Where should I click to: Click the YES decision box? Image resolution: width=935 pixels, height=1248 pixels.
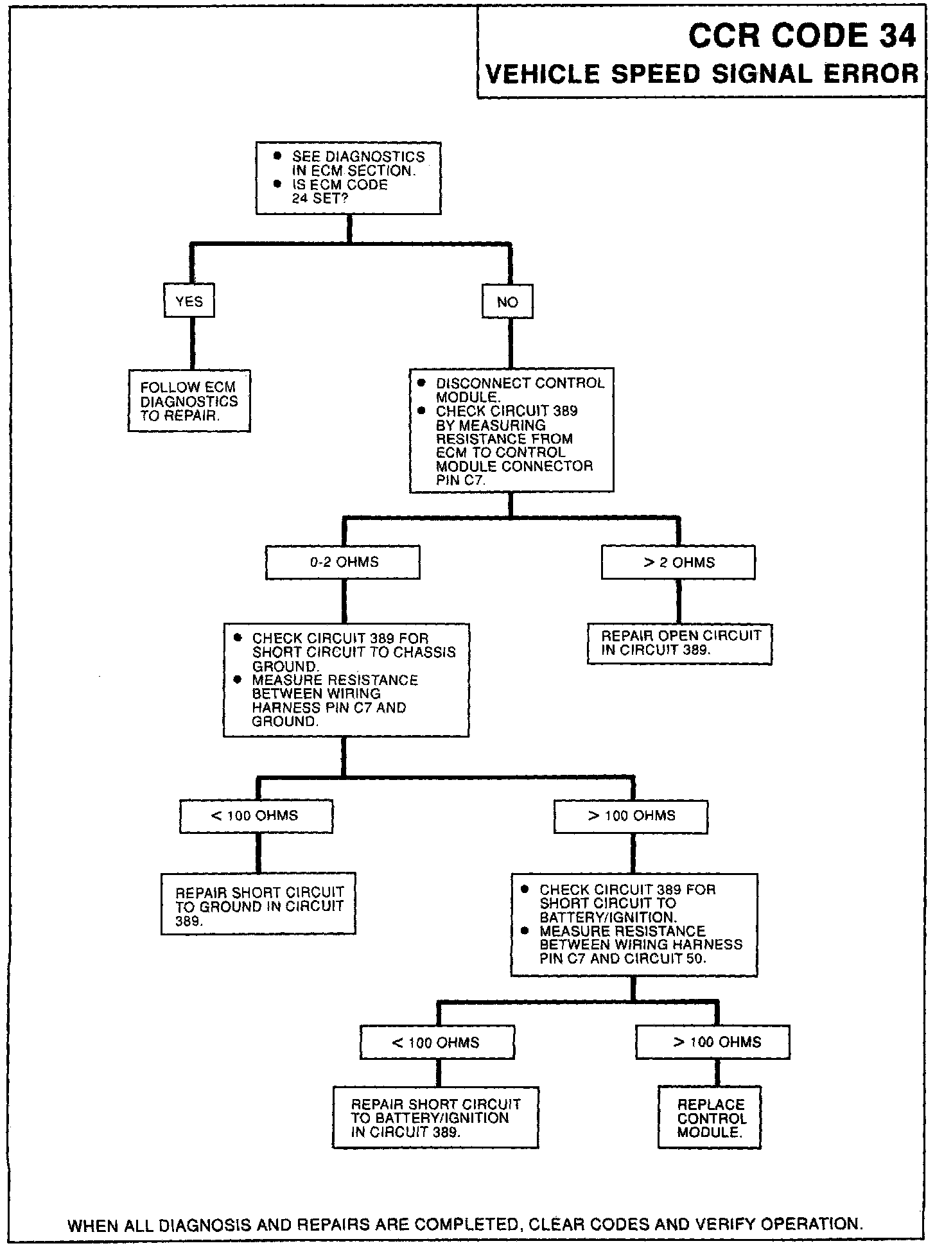[189, 301]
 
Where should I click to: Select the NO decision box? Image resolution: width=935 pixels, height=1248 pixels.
[507, 302]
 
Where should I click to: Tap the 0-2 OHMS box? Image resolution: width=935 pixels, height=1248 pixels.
[343, 562]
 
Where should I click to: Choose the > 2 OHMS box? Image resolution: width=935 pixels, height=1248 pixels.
[678, 562]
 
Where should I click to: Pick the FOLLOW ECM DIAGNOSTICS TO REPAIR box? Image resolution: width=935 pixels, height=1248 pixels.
[189, 401]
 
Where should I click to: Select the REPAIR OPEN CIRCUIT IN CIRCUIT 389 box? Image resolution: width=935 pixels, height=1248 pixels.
[679, 643]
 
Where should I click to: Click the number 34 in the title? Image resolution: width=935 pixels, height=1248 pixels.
[897, 36]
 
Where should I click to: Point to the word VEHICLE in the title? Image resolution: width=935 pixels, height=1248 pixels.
[543, 74]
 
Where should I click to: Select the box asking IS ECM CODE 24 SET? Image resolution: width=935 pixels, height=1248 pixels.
[348, 178]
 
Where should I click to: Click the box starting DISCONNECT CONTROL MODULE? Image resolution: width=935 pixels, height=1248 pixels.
[511, 430]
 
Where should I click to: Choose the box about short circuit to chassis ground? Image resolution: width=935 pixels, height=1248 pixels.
[346, 680]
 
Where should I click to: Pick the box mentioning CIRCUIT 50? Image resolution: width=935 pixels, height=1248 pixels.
[634, 924]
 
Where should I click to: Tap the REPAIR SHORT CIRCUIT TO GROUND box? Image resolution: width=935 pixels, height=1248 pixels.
[258, 903]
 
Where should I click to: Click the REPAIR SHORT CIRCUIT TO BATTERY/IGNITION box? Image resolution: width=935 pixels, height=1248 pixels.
[435, 1118]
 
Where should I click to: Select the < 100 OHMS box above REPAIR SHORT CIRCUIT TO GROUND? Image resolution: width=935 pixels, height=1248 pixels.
[256, 816]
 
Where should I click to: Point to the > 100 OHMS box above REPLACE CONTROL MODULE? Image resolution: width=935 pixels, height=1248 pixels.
[713, 1042]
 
